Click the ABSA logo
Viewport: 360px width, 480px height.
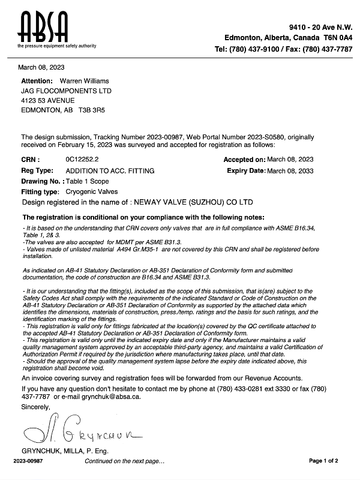pyautogui.click(x=43, y=28)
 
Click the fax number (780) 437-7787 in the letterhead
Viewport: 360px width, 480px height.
pyautogui.click(x=323, y=49)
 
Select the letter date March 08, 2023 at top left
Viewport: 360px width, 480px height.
pyautogui.click(x=41, y=67)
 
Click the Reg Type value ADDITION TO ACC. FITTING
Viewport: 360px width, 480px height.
pyautogui.click(x=101, y=171)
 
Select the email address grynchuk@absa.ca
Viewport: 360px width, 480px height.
pyautogui.click(x=110, y=397)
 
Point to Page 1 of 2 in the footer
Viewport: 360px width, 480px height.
pyautogui.click(x=323, y=461)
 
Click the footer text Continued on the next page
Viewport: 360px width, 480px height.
pyautogui.click(x=124, y=461)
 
